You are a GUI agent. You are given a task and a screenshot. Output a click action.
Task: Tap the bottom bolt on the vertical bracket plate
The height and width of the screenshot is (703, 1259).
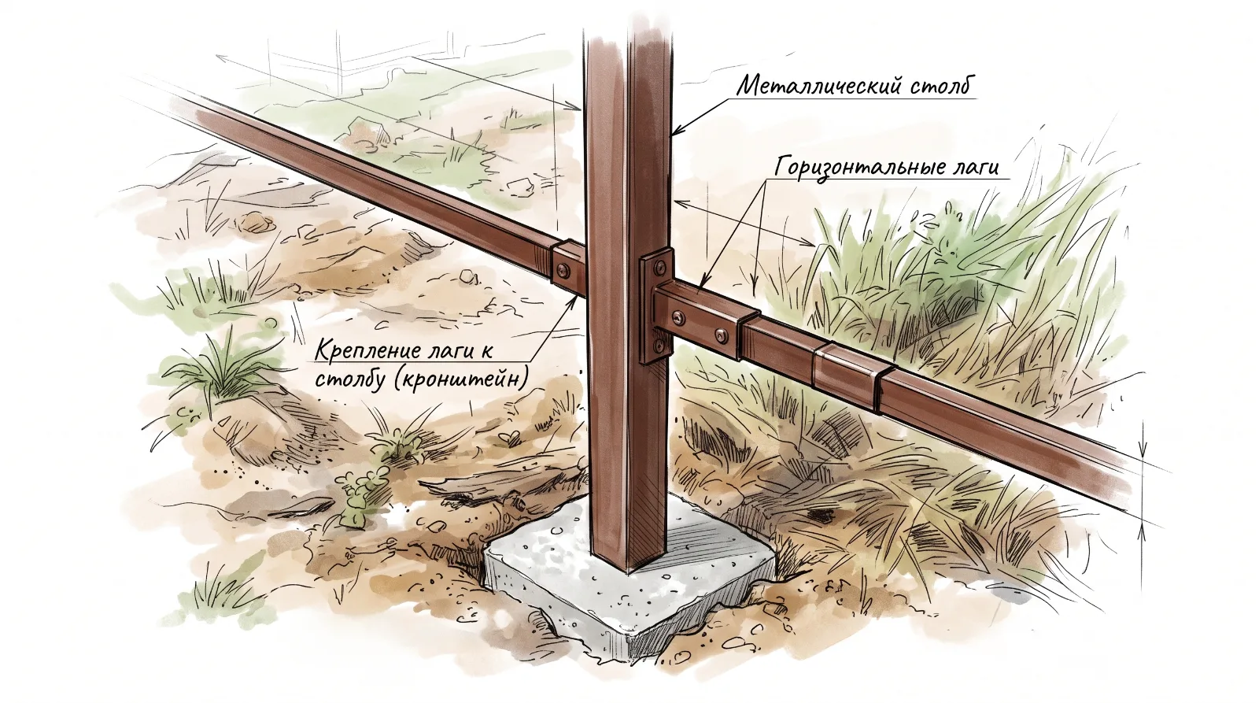(x=659, y=344)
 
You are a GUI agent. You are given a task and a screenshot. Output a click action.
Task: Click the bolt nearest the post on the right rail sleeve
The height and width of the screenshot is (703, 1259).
(x=679, y=318)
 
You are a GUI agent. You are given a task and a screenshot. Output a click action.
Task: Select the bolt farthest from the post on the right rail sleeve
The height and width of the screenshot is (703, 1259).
(x=721, y=336)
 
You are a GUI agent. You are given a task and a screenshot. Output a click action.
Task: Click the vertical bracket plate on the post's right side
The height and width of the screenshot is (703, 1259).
(x=656, y=305)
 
